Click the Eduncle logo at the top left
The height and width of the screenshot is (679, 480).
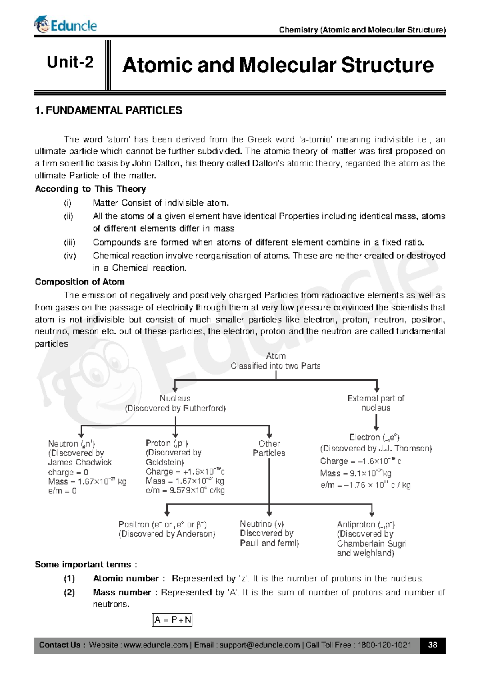[66, 25]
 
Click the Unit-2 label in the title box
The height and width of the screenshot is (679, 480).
[70, 62]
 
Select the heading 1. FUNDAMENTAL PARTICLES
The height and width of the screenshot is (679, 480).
[108, 110]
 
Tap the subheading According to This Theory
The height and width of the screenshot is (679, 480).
[90, 189]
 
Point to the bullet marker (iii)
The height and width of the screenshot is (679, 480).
[70, 242]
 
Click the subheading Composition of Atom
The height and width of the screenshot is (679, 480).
[80, 282]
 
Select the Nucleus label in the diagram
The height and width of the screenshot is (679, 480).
[175, 398]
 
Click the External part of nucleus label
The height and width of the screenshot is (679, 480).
[376, 403]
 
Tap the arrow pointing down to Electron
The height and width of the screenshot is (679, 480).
[376, 423]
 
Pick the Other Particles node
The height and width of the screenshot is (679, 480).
[269, 448]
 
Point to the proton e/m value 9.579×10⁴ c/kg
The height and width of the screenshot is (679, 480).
[185, 490]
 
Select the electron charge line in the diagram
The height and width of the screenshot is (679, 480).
[360, 461]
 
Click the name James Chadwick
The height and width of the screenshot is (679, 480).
[80, 462]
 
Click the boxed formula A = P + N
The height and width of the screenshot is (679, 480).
[173, 620]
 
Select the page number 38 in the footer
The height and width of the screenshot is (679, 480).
[432, 645]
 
